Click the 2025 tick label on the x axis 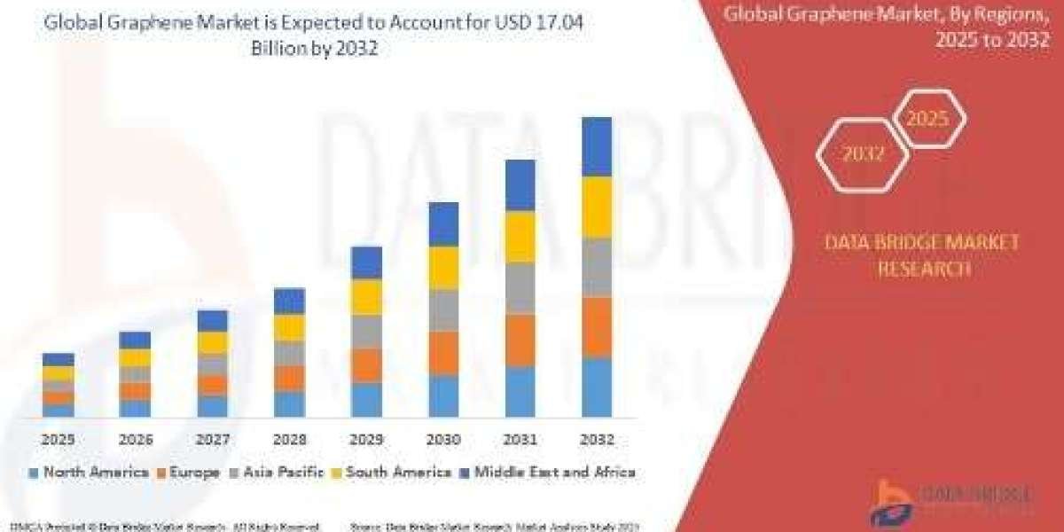(x=58, y=439)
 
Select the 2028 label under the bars (x=289, y=439)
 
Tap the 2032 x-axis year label (x=597, y=439)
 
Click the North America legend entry (x=88, y=473)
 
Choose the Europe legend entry (x=188, y=473)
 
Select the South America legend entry (x=393, y=473)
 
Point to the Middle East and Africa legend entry (x=548, y=473)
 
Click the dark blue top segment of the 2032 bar (x=597, y=147)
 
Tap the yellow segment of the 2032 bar (x=597, y=207)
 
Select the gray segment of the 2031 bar (x=520, y=288)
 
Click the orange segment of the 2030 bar (x=443, y=353)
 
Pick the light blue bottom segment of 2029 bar (x=366, y=400)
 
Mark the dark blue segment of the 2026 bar (x=135, y=340)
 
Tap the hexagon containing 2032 (x=863, y=153)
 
